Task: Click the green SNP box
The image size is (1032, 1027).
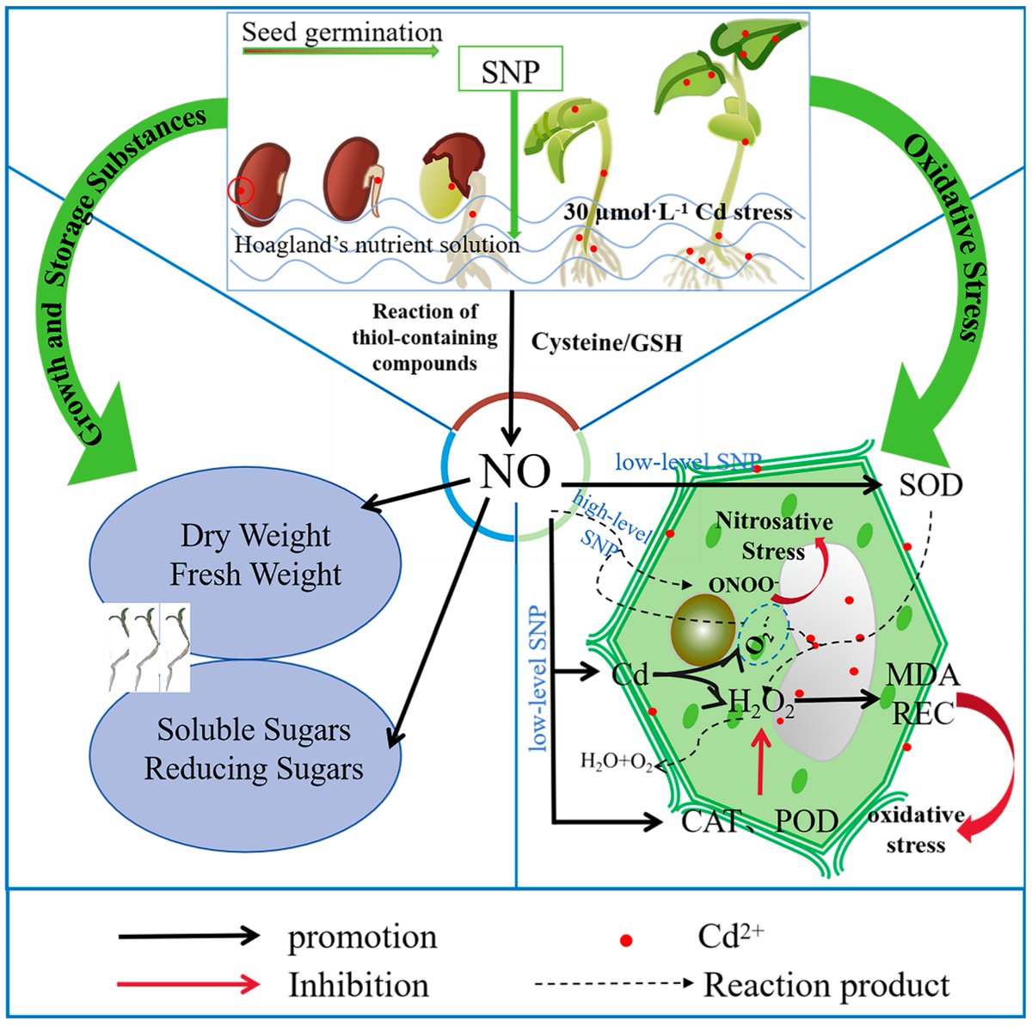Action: tap(511, 70)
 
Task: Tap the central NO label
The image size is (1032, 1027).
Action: tap(515, 470)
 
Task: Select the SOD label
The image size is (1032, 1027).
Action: tap(931, 485)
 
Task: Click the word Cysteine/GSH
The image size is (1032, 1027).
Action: tap(606, 341)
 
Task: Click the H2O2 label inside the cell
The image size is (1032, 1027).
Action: tap(761, 704)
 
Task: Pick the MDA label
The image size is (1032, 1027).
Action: tap(922, 675)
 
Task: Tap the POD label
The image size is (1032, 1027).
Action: tap(806, 821)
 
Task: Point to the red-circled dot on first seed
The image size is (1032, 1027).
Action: tap(242, 190)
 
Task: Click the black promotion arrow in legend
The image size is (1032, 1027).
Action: tap(189, 936)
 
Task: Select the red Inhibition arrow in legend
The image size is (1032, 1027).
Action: tap(189, 984)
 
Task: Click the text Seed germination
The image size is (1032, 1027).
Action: tap(341, 33)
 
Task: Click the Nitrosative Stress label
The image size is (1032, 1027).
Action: tap(774, 535)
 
